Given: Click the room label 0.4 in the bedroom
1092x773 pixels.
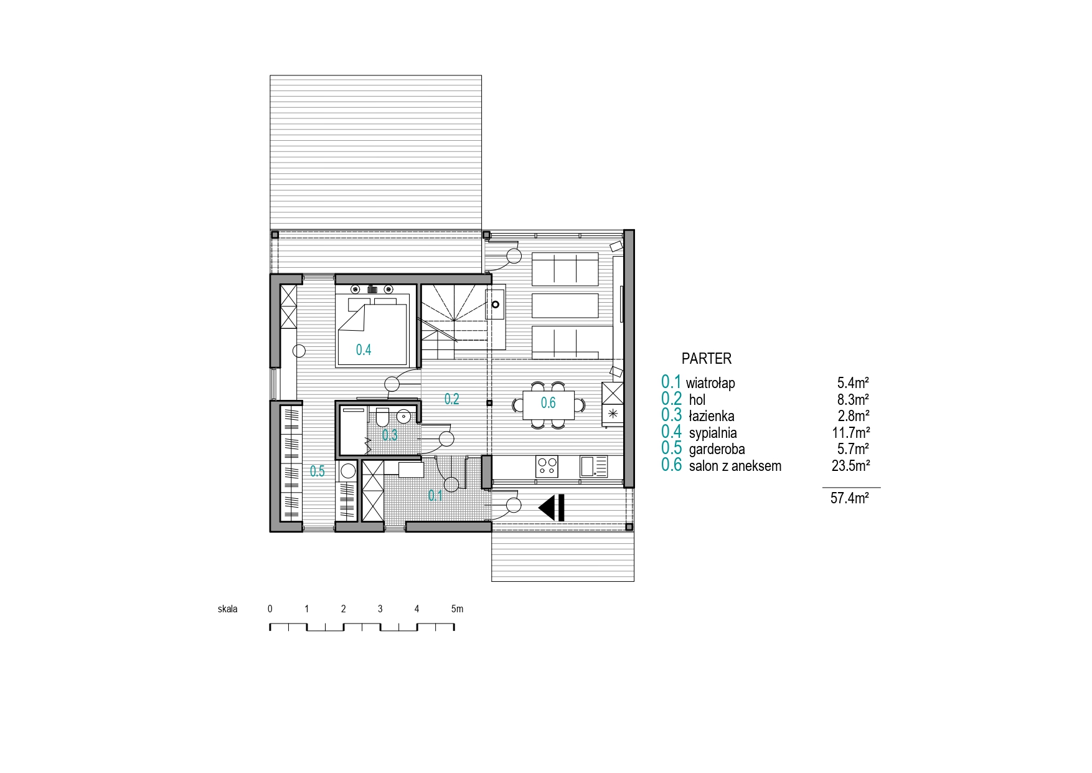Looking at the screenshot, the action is (364, 350).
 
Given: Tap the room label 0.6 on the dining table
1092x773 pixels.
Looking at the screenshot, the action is (548, 403).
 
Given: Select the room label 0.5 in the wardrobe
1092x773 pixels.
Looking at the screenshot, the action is (318, 472).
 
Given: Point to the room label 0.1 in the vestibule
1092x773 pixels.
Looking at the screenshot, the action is (435, 496).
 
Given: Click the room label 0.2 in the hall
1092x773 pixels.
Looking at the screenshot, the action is (451, 399).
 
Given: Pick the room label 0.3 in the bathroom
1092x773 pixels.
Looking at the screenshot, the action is (390, 435).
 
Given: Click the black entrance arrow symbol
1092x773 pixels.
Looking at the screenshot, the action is (552, 508).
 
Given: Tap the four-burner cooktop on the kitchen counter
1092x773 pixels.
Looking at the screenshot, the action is (547, 467).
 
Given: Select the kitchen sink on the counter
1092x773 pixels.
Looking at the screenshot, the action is (593, 467).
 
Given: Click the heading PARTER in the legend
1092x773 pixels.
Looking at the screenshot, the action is (707, 359).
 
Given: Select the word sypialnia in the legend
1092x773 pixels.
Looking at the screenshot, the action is (713, 433).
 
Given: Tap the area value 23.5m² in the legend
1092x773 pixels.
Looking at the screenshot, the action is (850, 465).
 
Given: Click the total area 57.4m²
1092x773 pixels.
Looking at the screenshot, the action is (850, 498).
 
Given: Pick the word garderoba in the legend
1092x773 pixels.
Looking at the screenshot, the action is (717, 449).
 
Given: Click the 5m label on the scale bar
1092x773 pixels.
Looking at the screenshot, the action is (457, 609).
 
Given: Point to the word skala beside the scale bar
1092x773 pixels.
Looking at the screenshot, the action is (228, 609).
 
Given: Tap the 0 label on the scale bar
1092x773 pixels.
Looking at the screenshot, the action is (270, 609).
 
